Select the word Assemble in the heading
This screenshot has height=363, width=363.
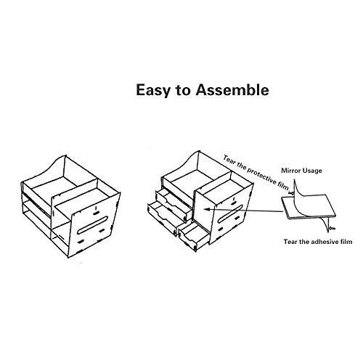232,90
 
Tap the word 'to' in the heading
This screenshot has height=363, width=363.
182,91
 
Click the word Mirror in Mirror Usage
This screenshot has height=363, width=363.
290,171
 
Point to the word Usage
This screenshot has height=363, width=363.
311,171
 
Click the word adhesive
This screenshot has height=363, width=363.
324,242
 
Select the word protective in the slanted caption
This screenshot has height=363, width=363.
261,175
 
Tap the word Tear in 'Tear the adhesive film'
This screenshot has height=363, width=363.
290,242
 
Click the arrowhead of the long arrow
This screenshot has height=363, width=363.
205,209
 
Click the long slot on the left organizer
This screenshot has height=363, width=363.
92,225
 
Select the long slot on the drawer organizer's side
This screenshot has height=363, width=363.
230,214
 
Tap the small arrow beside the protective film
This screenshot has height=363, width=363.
291,193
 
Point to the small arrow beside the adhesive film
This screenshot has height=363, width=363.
332,228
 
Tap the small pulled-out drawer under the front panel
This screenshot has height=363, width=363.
195,236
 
